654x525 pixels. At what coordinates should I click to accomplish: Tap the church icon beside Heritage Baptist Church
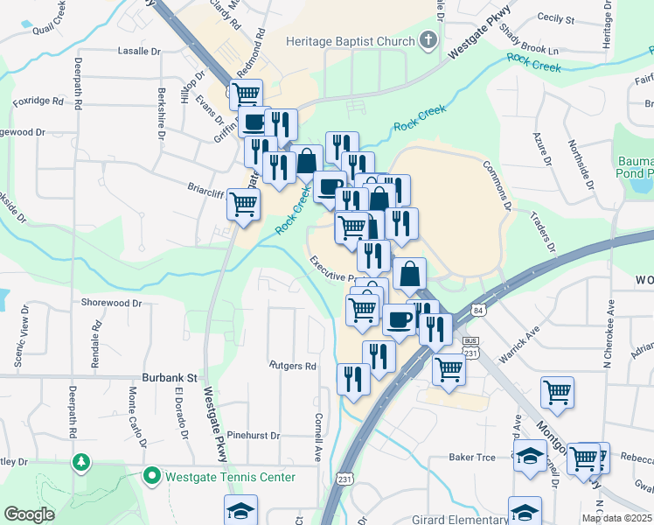[428, 39]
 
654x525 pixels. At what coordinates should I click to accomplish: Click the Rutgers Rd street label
[292, 366]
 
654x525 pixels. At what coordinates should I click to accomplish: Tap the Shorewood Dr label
[111, 303]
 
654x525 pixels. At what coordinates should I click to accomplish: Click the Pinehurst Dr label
[252, 435]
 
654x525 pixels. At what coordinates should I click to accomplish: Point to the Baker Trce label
[472, 457]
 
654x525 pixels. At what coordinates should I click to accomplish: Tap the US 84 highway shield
[477, 311]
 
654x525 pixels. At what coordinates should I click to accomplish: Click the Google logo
[29, 514]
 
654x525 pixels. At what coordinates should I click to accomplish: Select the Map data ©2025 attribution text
[616, 518]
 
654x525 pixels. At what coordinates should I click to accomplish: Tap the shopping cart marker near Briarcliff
[243, 205]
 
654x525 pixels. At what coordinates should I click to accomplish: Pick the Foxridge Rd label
[38, 101]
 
